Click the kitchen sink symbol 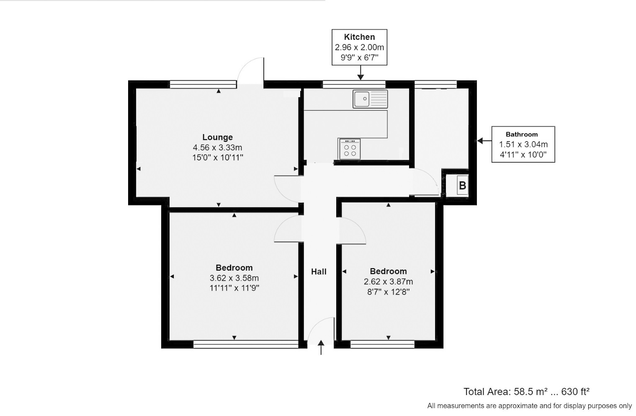pos(370,99)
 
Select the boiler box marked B pos(462,185)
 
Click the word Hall pos(319,271)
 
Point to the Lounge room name pos(217,137)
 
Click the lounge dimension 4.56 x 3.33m pos(217,147)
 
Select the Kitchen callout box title pos(359,37)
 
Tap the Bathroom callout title pos(521,134)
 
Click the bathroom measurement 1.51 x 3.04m pos(523,145)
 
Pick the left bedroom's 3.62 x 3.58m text pos(234,278)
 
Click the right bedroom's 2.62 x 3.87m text pos(388,282)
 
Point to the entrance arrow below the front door pos(321,348)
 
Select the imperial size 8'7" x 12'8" pos(388,292)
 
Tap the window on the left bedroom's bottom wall pos(246,344)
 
